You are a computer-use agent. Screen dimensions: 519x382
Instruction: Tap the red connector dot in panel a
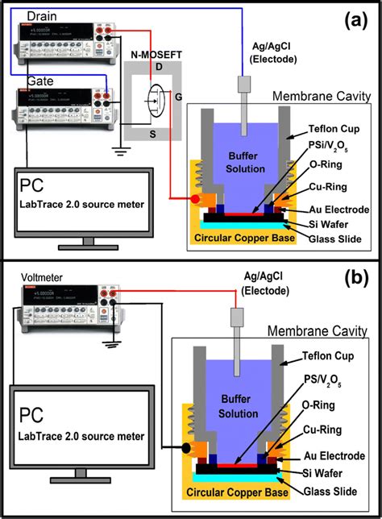pos(194,199)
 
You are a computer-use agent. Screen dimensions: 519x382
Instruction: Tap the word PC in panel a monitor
pos(36,188)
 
